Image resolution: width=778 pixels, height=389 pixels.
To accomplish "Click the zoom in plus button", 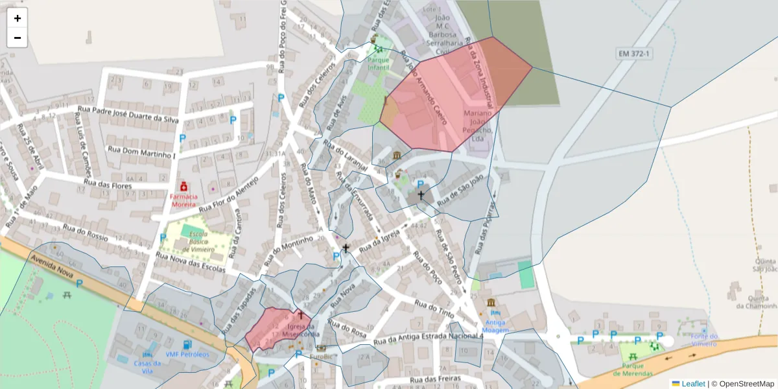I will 18,18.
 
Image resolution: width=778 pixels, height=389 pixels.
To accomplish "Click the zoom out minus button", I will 18,38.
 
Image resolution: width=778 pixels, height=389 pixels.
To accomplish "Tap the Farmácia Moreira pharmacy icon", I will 183,186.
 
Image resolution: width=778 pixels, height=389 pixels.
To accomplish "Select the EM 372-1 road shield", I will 633,53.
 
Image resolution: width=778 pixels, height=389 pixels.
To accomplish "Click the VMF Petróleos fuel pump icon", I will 187,345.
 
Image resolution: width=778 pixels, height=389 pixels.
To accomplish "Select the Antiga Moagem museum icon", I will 491,303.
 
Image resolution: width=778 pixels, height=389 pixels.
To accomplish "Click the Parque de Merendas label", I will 632,370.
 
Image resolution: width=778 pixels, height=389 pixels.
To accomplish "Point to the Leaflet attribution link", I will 692,384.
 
